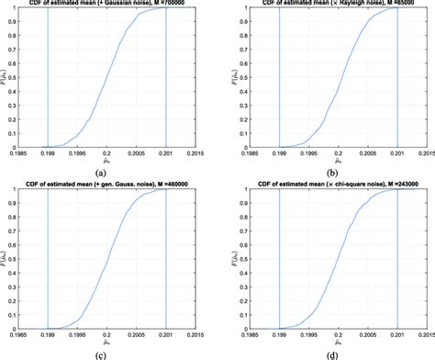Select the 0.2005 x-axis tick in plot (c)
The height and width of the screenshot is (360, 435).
click(137, 335)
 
